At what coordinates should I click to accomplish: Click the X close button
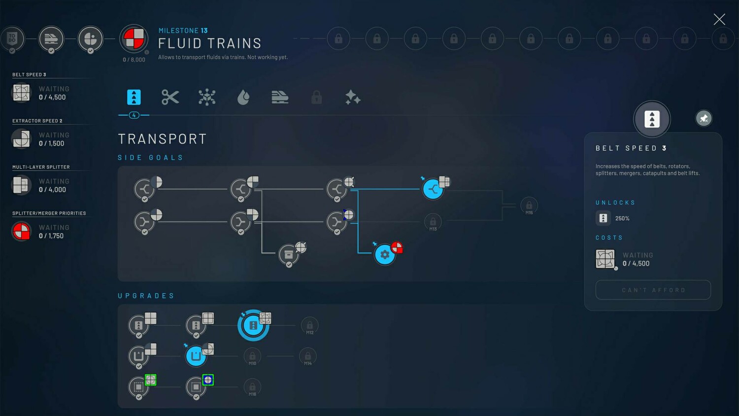[719, 19]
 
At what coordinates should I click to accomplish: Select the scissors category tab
[170, 97]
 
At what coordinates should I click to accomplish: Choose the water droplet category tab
[243, 98]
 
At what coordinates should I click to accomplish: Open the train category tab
[280, 97]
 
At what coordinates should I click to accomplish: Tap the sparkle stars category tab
[353, 98]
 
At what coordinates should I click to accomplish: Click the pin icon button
[704, 118]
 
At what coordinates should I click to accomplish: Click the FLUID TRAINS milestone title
[209, 43]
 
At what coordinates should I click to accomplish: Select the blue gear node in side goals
[385, 254]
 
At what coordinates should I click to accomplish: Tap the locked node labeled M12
[309, 325]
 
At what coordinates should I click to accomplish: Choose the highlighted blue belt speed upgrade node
[253, 325]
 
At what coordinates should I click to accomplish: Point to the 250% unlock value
[622, 218]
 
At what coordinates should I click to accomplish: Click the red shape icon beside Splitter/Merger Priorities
[21, 231]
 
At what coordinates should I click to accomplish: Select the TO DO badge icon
[12, 38]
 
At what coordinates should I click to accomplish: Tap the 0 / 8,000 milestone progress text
[134, 60]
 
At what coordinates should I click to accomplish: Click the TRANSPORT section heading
[162, 139]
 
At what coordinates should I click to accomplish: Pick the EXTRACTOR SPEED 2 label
[37, 121]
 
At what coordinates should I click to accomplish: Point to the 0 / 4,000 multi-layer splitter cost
[52, 190]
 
